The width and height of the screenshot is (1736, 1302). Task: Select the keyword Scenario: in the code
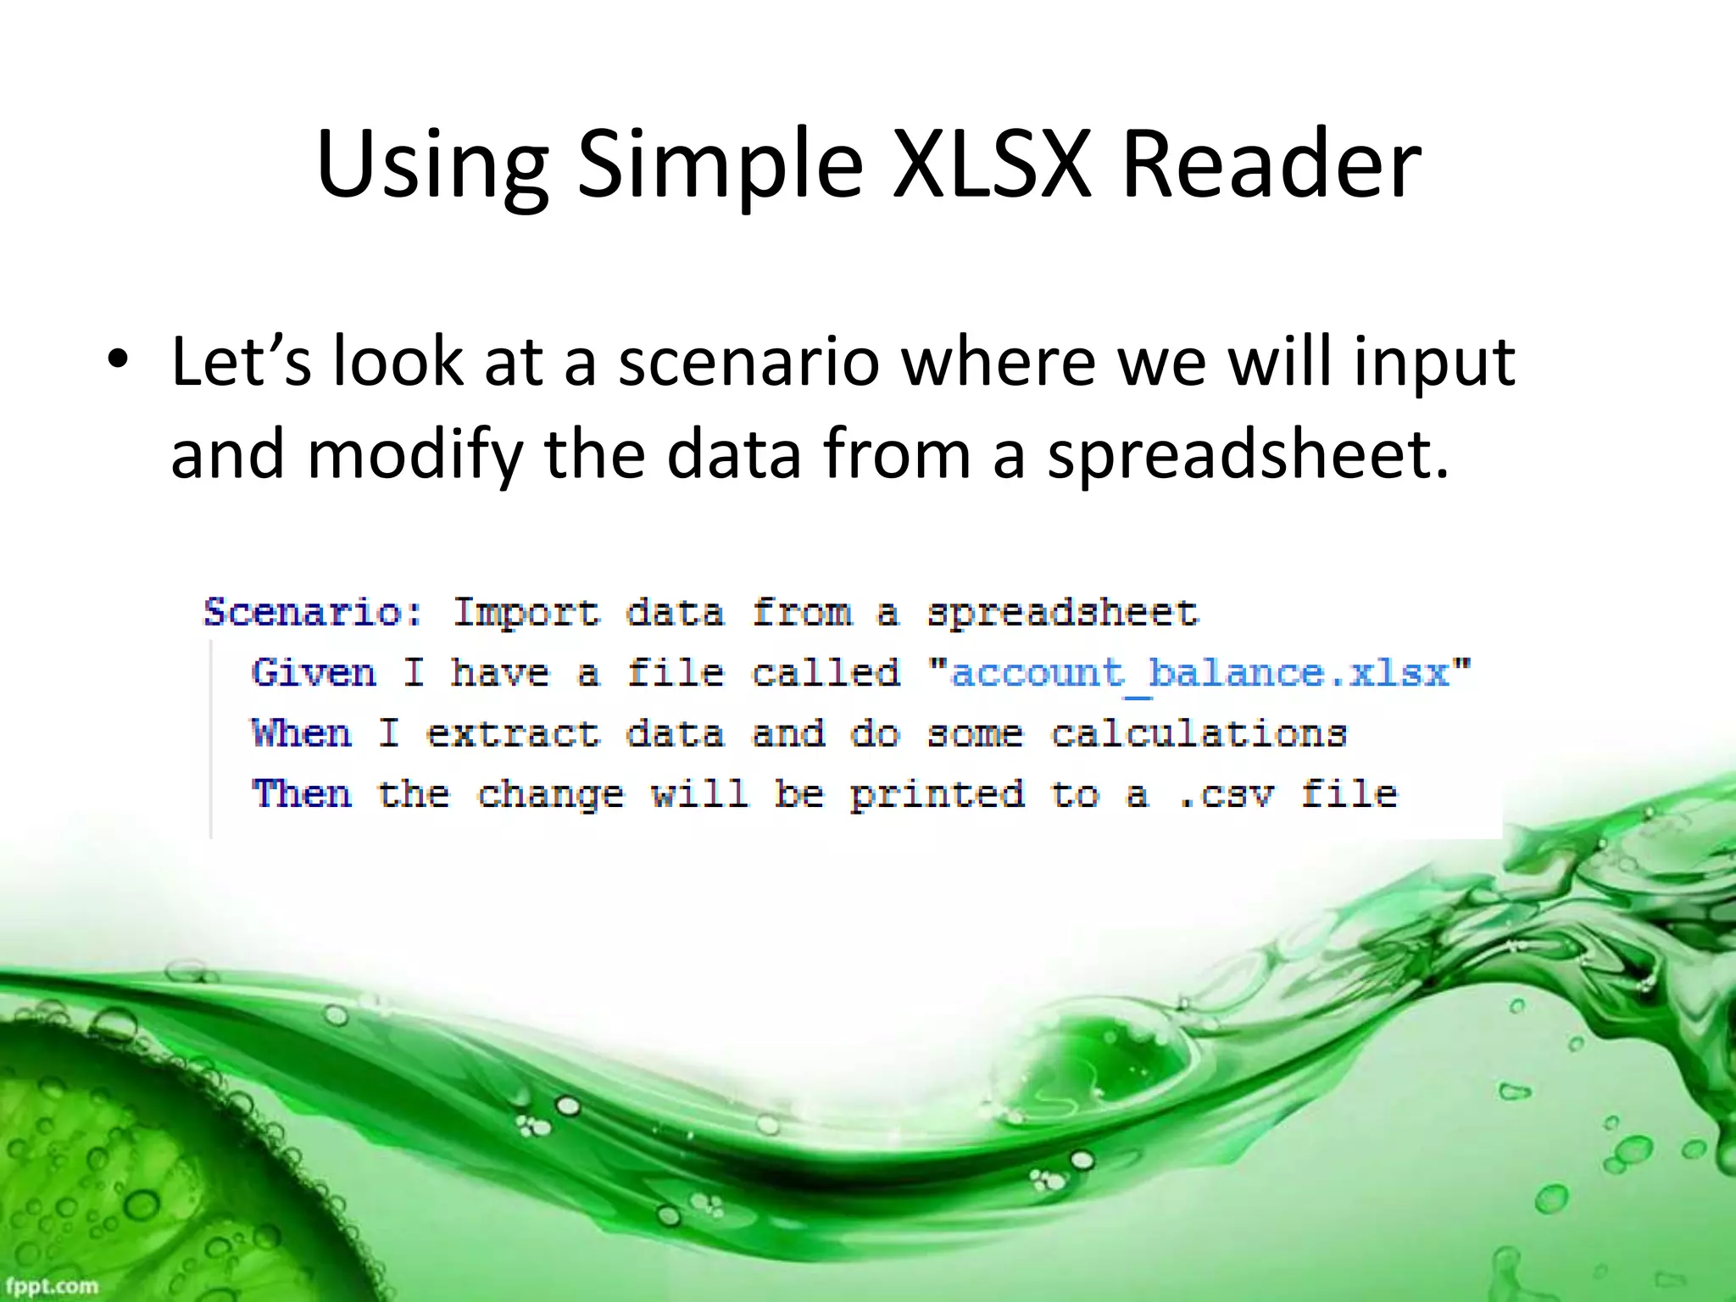point(313,612)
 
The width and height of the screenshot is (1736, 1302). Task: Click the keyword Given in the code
point(314,673)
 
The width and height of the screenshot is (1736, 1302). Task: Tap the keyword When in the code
point(302,733)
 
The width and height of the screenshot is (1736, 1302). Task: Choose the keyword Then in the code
point(302,794)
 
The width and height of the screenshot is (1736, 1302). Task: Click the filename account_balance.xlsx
point(1199,673)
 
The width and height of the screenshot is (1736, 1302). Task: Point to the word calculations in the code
point(1199,733)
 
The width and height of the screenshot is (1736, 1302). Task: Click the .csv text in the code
point(1226,794)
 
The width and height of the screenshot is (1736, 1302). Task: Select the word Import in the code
point(526,612)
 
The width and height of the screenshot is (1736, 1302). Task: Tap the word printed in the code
point(938,794)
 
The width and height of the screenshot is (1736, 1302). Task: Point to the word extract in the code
point(513,733)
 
